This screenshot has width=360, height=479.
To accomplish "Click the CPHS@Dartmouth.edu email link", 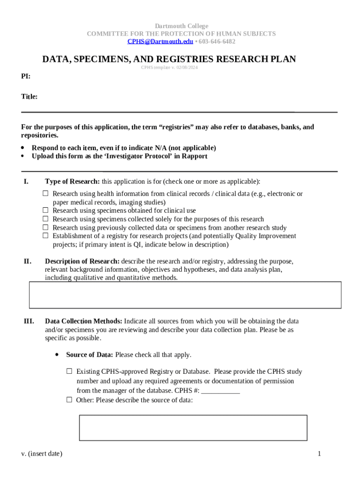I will [x=160, y=42].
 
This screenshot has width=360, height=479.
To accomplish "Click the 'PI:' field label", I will [x=26, y=76].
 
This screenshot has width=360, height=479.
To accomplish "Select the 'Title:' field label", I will [x=29, y=97].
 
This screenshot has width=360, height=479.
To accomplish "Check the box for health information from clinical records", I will [x=46, y=194].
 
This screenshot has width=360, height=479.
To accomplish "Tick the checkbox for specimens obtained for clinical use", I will [x=46, y=210].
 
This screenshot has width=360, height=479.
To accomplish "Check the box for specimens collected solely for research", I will [x=46, y=219].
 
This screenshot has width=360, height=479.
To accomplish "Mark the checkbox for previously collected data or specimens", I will [x=46, y=227].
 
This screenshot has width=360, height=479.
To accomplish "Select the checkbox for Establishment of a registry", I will [x=46, y=236].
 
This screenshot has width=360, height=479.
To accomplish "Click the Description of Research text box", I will [x=185, y=295].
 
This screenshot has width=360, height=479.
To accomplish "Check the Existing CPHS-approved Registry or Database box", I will [x=69, y=371].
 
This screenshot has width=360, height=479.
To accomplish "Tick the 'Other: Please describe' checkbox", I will [x=69, y=400].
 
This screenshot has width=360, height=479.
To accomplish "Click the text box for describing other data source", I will [x=193, y=428].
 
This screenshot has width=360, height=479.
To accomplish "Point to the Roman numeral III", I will [x=29, y=321].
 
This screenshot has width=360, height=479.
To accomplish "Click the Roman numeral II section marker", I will [x=28, y=261].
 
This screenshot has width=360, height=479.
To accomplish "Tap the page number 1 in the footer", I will [x=319, y=454].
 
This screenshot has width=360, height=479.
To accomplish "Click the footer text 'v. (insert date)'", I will [x=42, y=454].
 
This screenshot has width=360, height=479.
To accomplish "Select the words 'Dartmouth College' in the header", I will [x=181, y=26].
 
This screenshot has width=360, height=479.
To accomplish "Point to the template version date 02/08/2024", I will [x=187, y=68].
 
